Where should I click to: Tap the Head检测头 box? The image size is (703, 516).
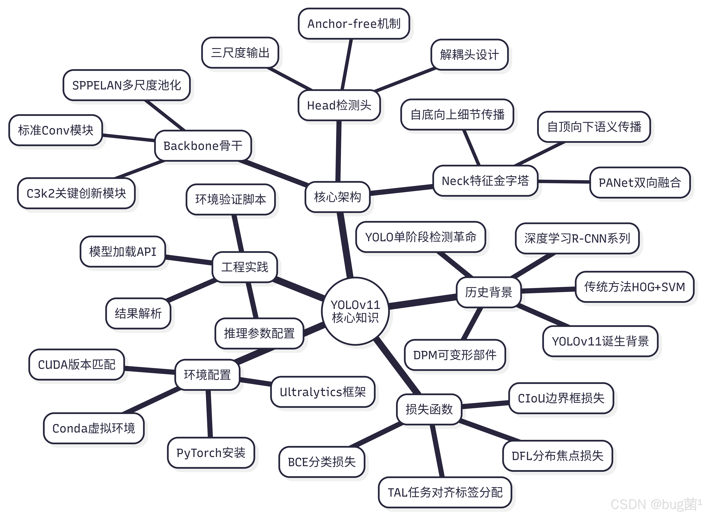(x=339, y=105)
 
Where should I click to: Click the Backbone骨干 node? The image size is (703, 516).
(x=203, y=146)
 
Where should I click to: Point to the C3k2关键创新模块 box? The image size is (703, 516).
(x=76, y=193)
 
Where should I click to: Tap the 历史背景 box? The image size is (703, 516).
(x=489, y=292)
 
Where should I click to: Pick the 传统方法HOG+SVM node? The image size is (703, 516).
(x=635, y=287)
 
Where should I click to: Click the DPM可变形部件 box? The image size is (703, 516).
(x=455, y=355)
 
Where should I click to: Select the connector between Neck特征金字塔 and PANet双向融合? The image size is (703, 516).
(x=564, y=181)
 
